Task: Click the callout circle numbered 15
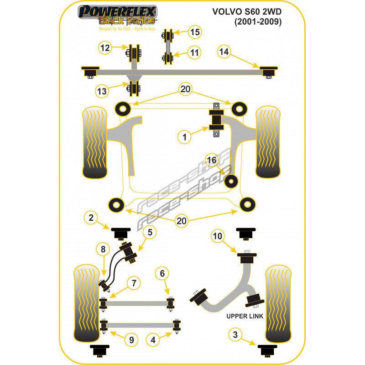tap(195, 32)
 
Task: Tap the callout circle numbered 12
tap(105, 47)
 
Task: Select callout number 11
tap(195, 53)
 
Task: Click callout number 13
tap(102, 91)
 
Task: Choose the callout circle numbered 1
tap(185, 136)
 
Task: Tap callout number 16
tap(212, 160)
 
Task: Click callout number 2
tap(91, 219)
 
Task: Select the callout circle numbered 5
tap(150, 232)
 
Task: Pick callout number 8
tap(103, 250)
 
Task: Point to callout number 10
tap(218, 236)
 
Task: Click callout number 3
tap(235, 336)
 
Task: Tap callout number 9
tap(131, 339)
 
